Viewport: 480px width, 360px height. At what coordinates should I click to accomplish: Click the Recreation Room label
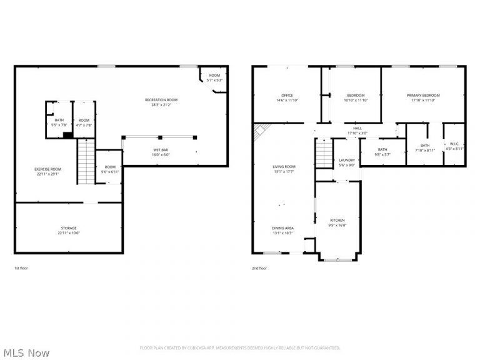coord(161,100)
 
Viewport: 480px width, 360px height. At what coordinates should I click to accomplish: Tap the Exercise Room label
coord(47,169)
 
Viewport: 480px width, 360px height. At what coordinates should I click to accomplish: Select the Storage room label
coord(69,228)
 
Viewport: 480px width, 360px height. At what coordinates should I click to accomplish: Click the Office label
coord(287,96)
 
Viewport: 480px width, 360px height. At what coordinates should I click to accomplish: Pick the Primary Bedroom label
coord(423,96)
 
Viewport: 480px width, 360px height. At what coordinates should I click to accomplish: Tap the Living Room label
coord(283,166)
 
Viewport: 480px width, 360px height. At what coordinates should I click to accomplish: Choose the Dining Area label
coord(282,228)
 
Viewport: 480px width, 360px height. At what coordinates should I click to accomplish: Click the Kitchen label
coord(337,220)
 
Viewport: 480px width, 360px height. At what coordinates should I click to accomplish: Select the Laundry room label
coord(347,161)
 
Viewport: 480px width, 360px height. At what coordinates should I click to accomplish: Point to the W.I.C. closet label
coord(454,145)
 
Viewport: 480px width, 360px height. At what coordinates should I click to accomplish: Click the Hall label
coord(357,127)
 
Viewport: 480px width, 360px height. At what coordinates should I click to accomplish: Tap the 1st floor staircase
coord(86,161)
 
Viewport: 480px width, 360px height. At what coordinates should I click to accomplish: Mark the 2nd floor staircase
coord(322,154)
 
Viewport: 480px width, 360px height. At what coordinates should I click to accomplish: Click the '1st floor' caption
coord(21,268)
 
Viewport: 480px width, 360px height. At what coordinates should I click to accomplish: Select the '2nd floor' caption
coord(259,268)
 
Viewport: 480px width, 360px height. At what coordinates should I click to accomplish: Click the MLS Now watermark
coord(25,353)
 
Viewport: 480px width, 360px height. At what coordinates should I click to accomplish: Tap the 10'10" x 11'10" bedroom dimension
coord(356,100)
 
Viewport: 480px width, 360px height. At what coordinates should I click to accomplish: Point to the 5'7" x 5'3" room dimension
coord(215,80)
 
